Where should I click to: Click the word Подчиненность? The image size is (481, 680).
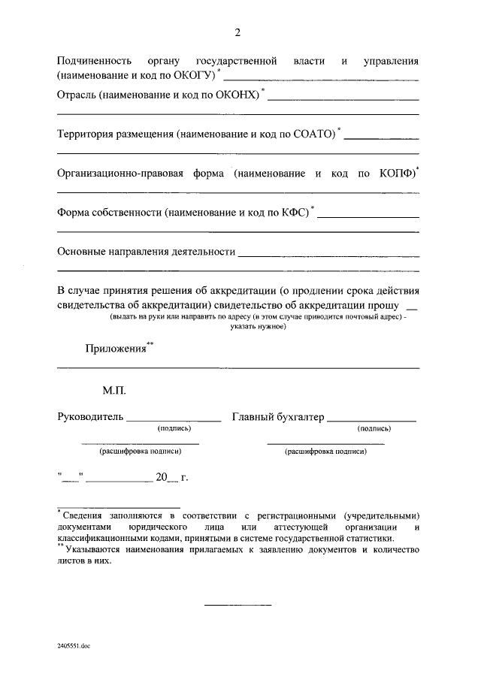click(x=95, y=60)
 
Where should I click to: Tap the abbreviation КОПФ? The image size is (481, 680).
click(x=397, y=174)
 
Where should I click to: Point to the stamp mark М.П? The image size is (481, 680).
click(x=115, y=391)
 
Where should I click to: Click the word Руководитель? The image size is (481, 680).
click(x=89, y=417)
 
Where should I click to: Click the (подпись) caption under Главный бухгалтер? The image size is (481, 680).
click(x=374, y=428)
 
